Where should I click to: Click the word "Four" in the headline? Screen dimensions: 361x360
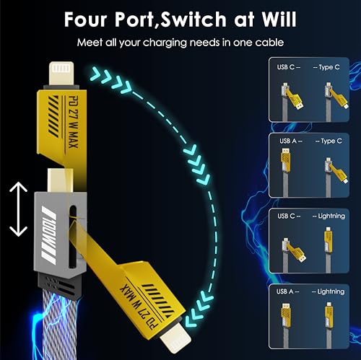pos(85,19)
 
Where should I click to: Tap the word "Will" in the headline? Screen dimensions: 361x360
pos(279,19)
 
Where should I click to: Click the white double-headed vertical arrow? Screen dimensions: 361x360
pos(18,209)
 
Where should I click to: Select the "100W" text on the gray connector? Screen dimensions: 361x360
pos(49,235)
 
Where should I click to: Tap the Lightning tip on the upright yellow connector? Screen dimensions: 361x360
pos(61,74)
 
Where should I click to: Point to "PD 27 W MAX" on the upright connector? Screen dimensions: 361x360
pos(73,122)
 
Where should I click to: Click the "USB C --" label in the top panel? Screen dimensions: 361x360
pos(289,67)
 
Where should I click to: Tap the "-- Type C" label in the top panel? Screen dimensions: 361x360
pos(326,67)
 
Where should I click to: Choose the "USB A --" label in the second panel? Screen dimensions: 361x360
pos(291,141)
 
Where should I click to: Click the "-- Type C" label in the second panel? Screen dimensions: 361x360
pos(329,141)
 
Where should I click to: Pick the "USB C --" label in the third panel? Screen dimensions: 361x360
pos(289,216)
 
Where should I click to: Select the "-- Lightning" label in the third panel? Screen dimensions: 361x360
pos(329,216)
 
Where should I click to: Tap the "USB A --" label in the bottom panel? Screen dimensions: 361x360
pos(288,291)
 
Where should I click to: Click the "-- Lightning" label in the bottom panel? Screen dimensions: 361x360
pos(328,291)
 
